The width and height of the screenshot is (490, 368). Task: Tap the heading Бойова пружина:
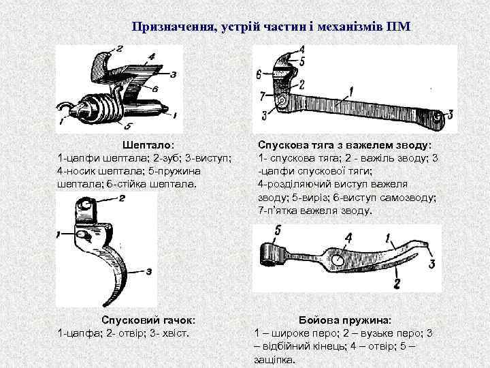pos(345,320)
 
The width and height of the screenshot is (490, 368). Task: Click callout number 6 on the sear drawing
pos(156,89)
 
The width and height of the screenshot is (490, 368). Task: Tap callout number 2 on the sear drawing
pos(120,48)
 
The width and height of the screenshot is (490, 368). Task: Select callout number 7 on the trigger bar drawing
pos(261,96)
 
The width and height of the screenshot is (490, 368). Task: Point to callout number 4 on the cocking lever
pos(301,50)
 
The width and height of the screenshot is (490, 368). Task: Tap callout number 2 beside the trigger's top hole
pos(121,198)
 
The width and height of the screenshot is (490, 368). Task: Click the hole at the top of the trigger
pos(87,204)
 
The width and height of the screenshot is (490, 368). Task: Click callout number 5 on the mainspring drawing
pos(277,231)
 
